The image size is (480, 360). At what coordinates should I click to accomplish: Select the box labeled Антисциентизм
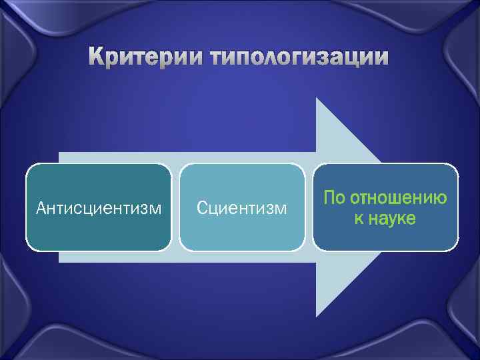pos(99,207)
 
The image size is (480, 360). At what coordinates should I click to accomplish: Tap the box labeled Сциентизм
pos(242,207)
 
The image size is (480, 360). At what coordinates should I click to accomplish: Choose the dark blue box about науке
pos(385,207)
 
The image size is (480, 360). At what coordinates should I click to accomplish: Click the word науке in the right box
pos(393,218)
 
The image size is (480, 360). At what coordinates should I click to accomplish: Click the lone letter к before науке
pos(359,218)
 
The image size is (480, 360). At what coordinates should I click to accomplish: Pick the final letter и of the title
pos(381,58)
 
